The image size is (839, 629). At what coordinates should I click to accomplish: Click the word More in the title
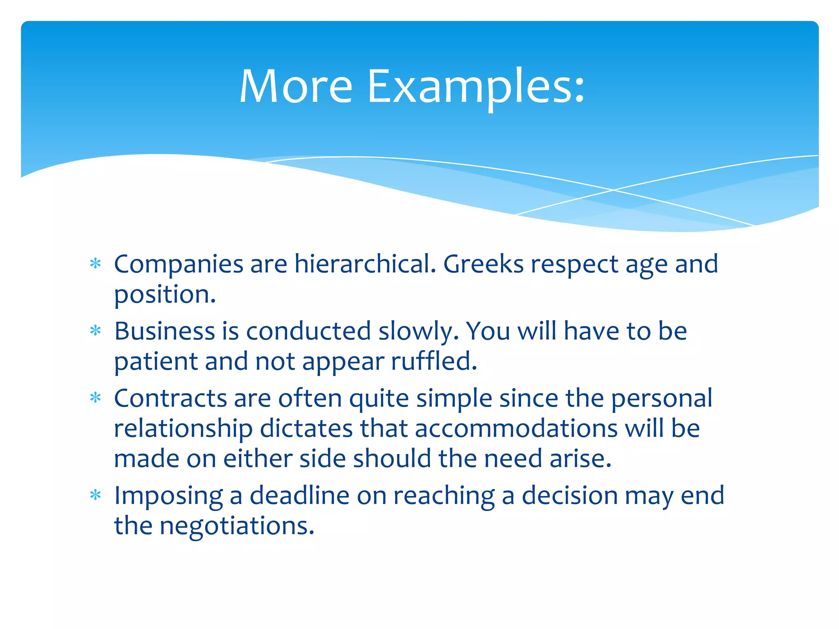point(296,87)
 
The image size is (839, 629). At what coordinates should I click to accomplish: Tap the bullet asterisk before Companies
point(95,263)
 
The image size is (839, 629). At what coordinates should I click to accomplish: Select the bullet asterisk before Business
point(95,330)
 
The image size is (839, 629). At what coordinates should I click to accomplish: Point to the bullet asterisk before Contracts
point(95,398)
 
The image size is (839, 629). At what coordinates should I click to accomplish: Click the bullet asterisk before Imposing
point(95,495)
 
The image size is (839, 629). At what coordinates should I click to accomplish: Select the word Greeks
point(483,264)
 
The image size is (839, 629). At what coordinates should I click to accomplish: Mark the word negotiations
point(236,527)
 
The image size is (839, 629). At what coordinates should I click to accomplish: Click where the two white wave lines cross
point(613,190)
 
